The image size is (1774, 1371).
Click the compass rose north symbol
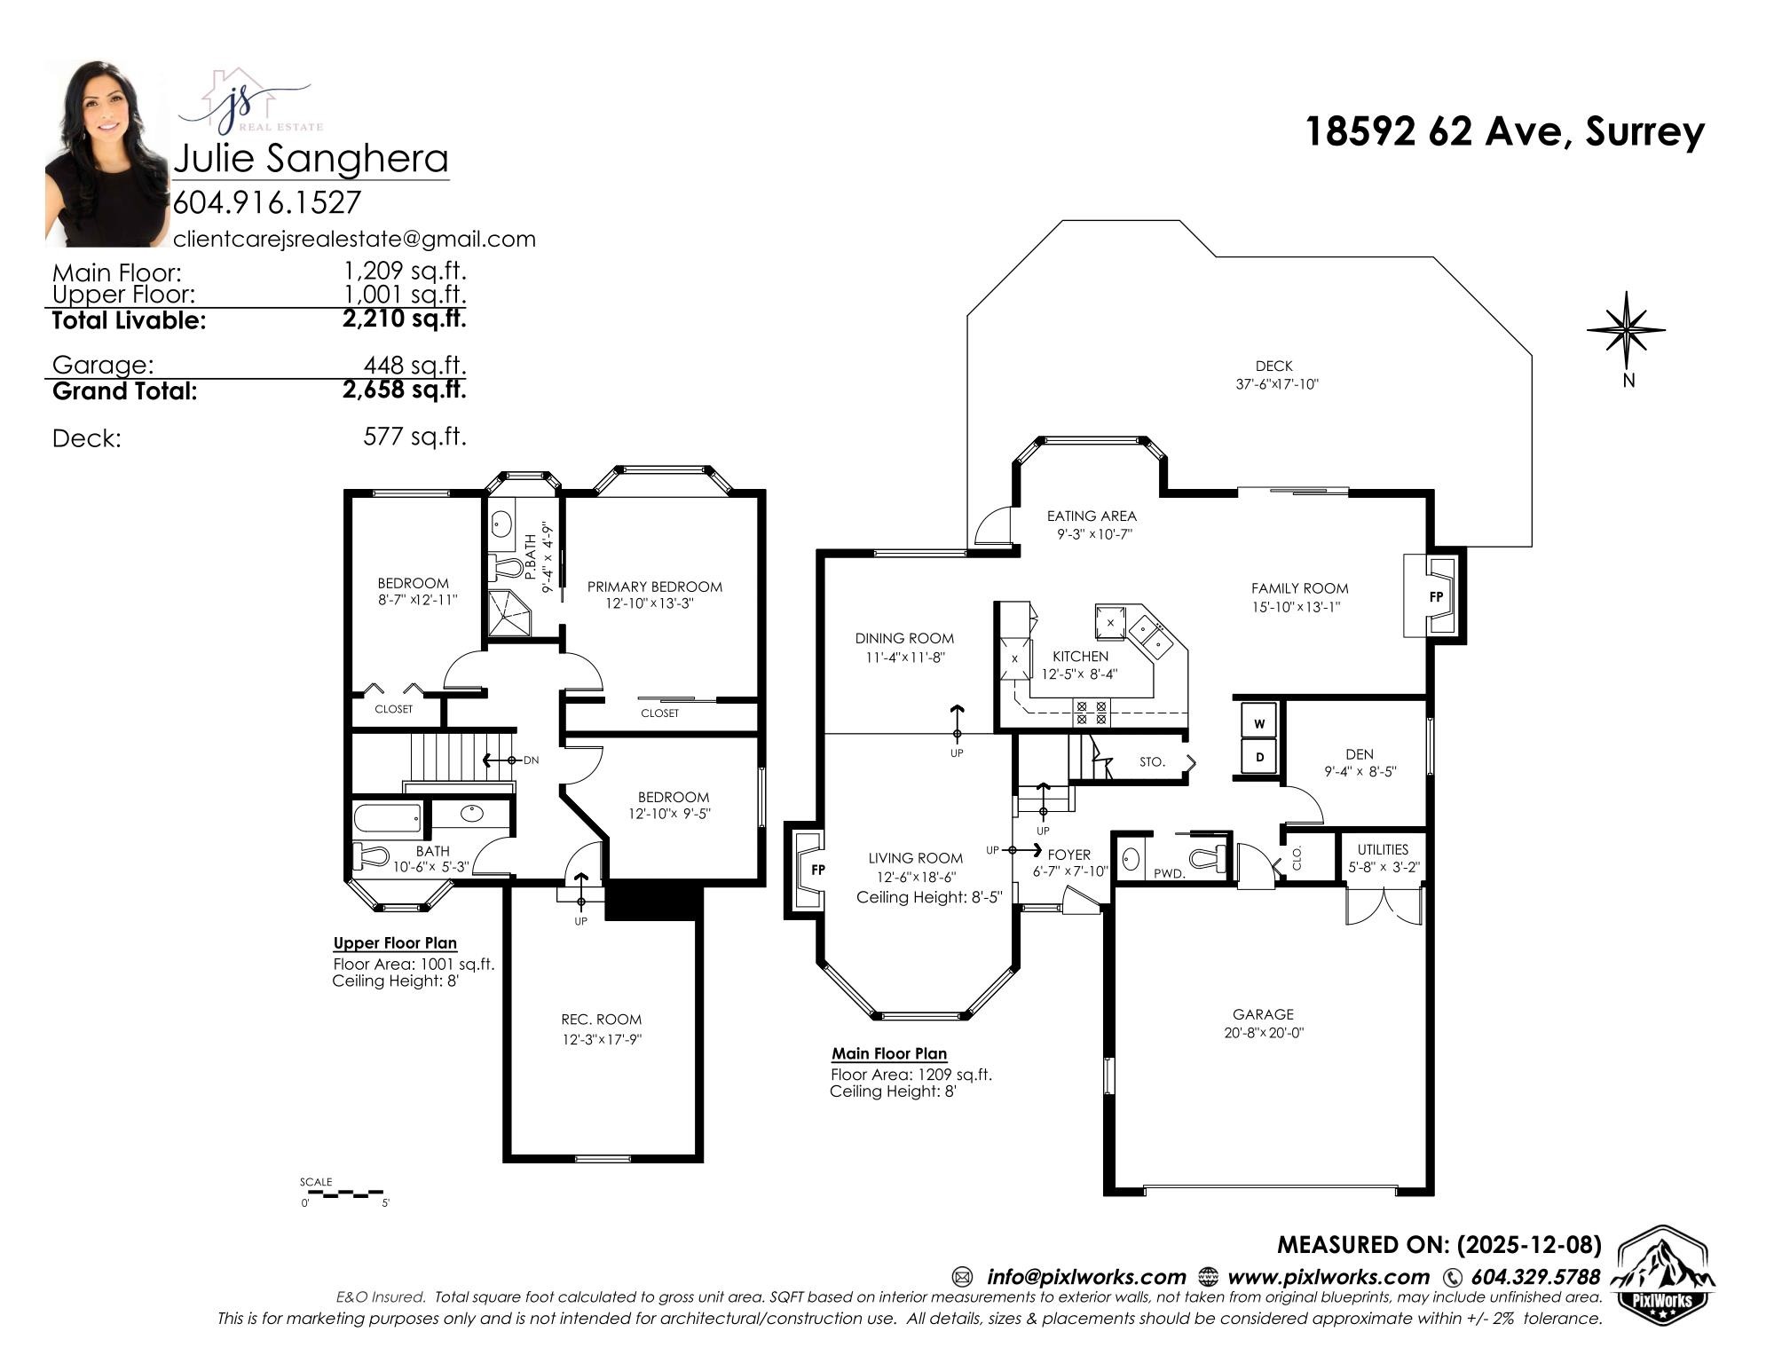click(1627, 330)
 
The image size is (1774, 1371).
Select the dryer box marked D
click(1259, 758)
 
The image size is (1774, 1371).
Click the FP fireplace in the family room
click(1434, 596)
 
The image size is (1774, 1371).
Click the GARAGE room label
click(1263, 1014)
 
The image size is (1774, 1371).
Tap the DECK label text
click(1273, 366)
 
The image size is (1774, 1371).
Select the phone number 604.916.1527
click(267, 202)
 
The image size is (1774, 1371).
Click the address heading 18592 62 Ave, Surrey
click(1504, 131)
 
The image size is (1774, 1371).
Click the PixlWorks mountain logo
click(1661, 1274)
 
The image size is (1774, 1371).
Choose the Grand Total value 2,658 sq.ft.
click(405, 390)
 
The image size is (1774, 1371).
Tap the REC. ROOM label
click(601, 1020)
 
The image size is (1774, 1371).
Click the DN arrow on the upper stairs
click(501, 760)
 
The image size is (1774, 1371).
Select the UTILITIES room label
click(1383, 849)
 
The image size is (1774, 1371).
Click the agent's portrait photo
click(107, 153)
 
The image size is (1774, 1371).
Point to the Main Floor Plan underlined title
click(889, 1054)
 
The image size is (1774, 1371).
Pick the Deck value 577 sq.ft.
click(414, 437)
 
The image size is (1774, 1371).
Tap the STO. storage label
click(1152, 762)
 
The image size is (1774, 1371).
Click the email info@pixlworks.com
click(1086, 1277)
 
